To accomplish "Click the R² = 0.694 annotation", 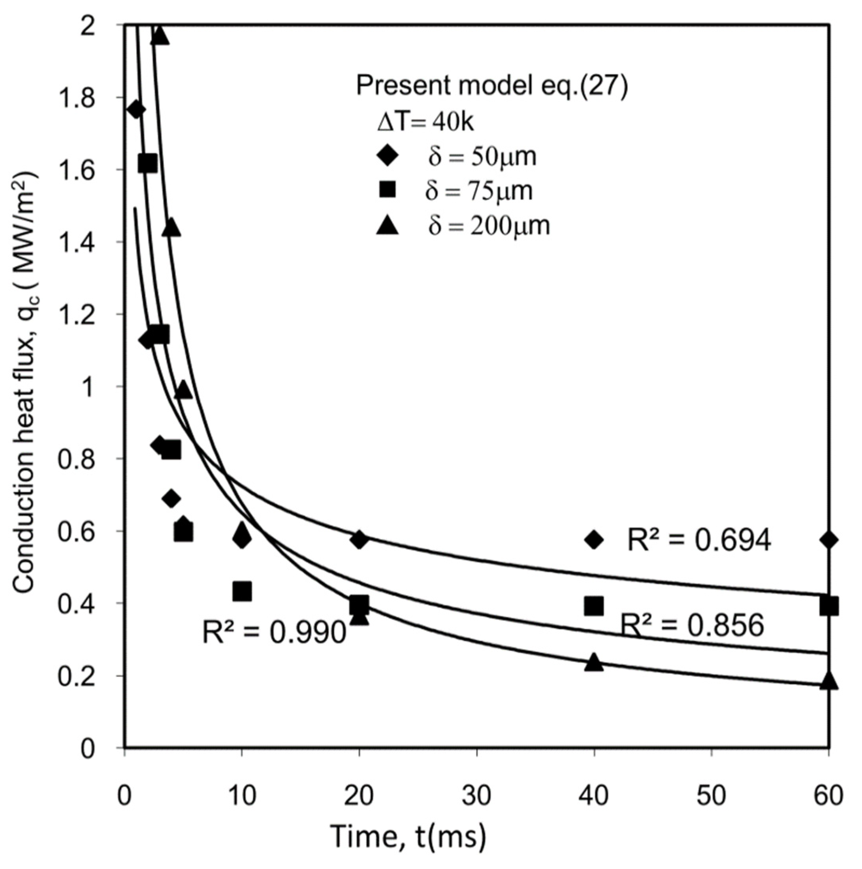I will (699, 540).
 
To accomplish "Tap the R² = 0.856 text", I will (693, 625).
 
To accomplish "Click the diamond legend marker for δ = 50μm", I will (388, 157).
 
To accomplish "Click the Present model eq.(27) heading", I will (492, 85).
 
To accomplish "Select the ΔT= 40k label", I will (425, 123).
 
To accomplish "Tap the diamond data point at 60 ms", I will (829, 540).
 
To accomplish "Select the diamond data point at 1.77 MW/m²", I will (136, 110).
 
